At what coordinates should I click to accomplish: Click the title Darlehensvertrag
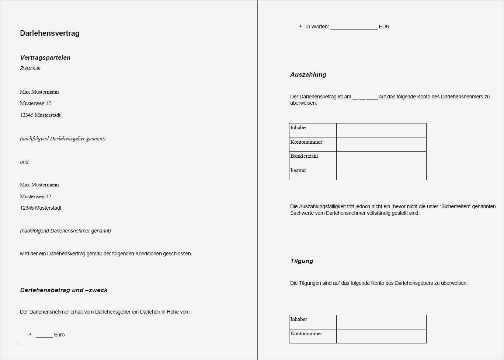click(x=50, y=33)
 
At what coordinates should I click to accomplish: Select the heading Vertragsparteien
click(x=45, y=57)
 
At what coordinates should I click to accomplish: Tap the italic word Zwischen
click(x=30, y=68)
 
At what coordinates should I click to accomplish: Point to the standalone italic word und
click(x=24, y=162)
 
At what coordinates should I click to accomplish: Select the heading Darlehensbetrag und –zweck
click(x=64, y=290)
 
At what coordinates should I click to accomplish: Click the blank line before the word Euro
click(x=44, y=335)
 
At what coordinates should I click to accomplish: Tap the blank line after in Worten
click(x=354, y=27)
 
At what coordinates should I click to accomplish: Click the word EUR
click(x=384, y=27)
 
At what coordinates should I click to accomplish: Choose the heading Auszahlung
click(x=308, y=74)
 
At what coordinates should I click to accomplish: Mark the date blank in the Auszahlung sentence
click(x=365, y=97)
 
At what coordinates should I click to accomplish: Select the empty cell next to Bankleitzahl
click(x=381, y=158)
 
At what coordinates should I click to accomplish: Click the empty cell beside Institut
click(x=381, y=173)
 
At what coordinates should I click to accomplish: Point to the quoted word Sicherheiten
click(x=455, y=206)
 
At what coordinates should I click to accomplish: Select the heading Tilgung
click(x=302, y=261)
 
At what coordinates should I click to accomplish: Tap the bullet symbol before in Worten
click(x=300, y=26)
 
